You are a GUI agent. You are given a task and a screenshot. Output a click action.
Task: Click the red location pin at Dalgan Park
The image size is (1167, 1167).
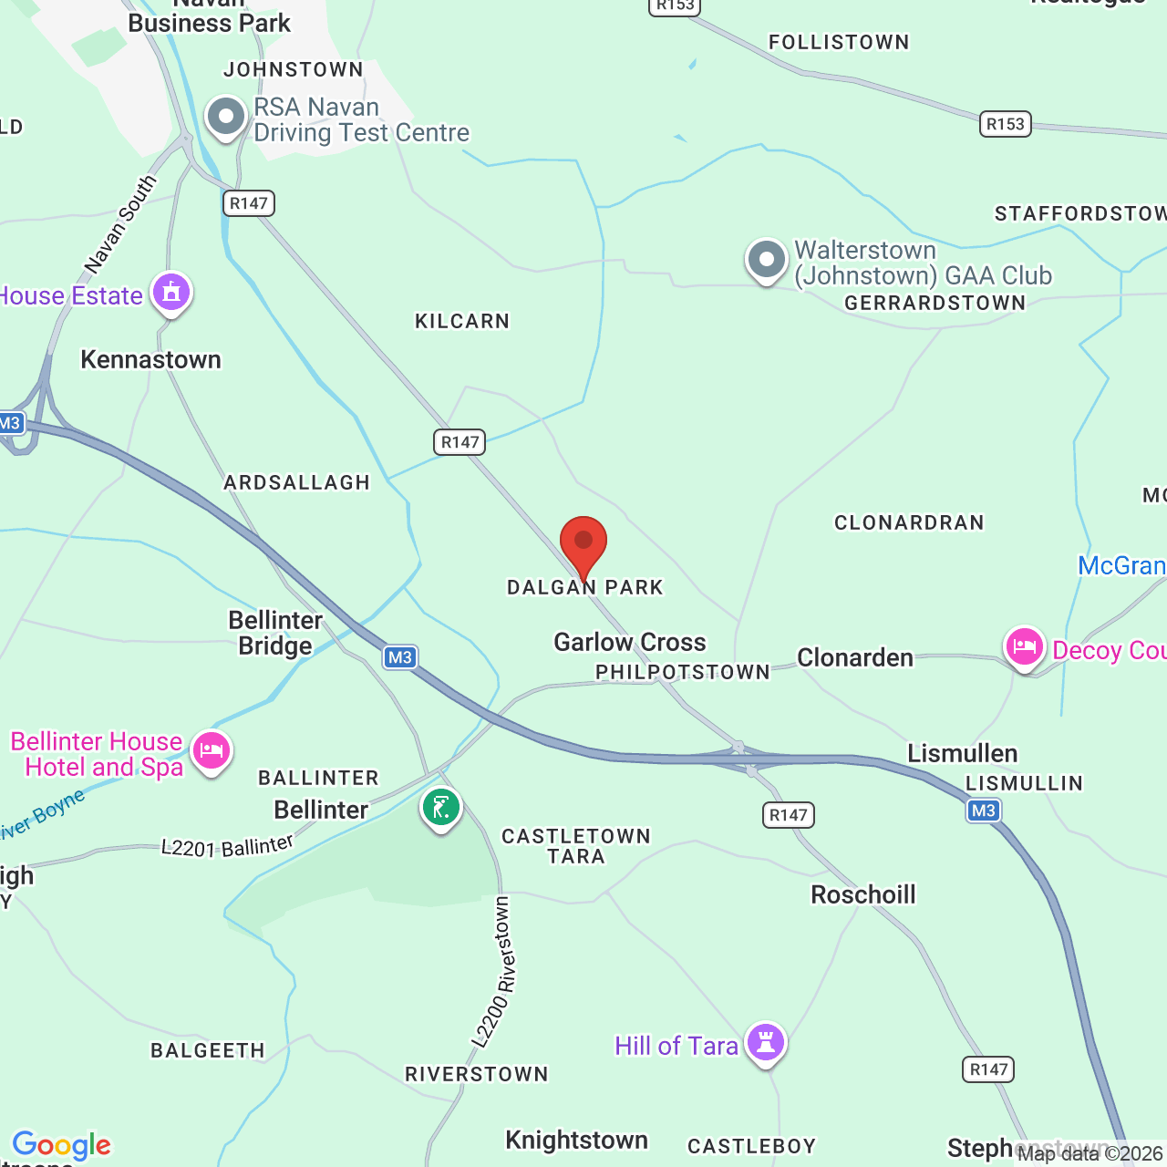click(x=583, y=543)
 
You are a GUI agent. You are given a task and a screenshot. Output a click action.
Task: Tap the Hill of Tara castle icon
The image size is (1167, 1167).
click(x=766, y=1041)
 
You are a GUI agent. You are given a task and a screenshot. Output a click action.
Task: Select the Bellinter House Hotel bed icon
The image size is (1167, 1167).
click(x=212, y=751)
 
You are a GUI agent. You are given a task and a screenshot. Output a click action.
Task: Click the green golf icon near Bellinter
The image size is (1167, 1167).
click(x=441, y=807)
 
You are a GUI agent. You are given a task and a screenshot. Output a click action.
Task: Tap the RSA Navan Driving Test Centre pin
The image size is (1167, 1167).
click(x=226, y=117)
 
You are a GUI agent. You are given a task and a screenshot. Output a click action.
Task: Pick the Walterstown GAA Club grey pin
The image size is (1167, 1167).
click(x=767, y=260)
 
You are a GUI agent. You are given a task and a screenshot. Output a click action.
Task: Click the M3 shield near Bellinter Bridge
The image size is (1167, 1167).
click(x=400, y=657)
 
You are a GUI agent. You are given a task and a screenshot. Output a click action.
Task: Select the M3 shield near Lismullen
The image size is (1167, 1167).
click(x=984, y=811)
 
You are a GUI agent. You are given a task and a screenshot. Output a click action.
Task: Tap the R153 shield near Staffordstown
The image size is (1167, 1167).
click(x=1006, y=124)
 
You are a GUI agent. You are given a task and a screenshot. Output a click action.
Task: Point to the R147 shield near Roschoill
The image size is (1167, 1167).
click(x=789, y=815)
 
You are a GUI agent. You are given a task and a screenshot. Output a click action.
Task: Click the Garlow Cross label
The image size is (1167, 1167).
click(x=630, y=642)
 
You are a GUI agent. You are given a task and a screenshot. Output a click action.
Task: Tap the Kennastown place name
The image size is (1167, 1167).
click(x=151, y=360)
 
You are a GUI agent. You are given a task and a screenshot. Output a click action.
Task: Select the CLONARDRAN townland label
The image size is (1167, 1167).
click(x=909, y=522)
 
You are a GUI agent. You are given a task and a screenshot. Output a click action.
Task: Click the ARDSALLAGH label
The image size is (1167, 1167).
click(x=297, y=482)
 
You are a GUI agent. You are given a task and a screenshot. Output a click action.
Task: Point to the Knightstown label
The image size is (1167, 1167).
click(x=576, y=1140)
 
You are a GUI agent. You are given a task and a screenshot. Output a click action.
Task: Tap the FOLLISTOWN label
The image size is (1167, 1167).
click(x=839, y=42)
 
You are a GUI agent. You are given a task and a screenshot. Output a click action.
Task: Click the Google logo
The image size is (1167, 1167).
click(x=62, y=1145)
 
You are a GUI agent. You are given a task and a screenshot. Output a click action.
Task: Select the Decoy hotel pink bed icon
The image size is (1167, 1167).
click(x=1025, y=647)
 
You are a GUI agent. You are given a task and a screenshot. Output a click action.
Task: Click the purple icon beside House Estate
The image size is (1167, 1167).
click(x=171, y=293)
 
